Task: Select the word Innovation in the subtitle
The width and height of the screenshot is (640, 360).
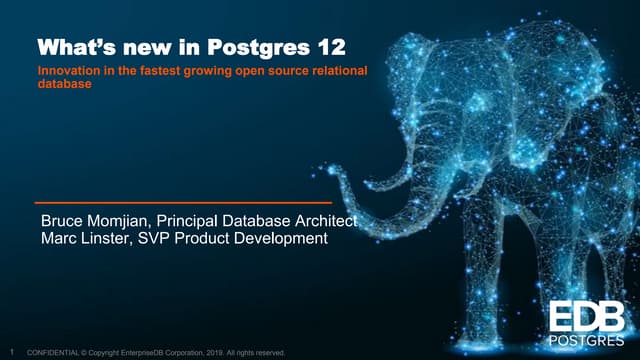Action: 68,71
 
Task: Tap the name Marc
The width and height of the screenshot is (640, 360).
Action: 60,239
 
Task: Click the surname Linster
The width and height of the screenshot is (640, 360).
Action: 115,239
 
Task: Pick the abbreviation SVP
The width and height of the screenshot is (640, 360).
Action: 170,239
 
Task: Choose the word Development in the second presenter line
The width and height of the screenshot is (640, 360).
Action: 283,239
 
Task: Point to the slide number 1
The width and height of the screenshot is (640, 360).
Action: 10,352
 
